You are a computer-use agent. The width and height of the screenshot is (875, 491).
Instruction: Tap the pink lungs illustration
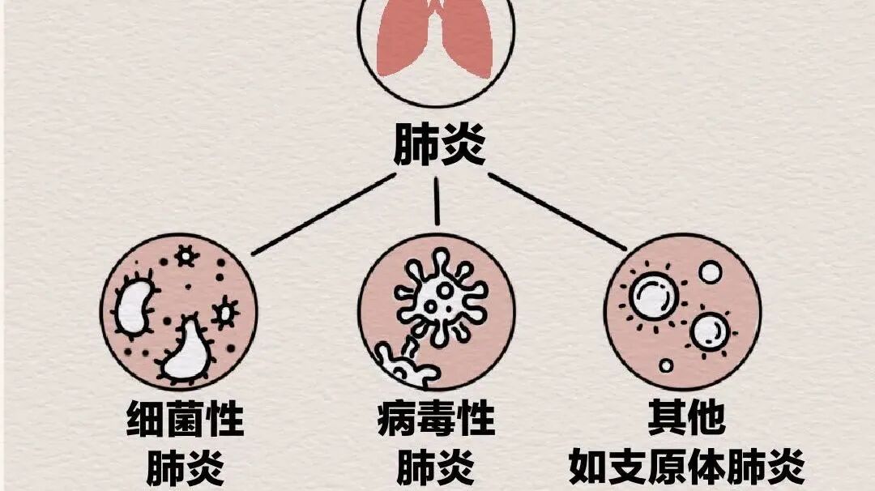click(x=437, y=41)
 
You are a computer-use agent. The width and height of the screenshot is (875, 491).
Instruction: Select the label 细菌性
click(x=185, y=421)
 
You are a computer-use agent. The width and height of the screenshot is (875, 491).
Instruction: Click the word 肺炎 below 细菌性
click(x=185, y=468)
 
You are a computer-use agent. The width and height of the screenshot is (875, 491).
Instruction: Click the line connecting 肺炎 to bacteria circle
click(x=324, y=212)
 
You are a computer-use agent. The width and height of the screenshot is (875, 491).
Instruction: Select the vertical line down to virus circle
click(x=437, y=200)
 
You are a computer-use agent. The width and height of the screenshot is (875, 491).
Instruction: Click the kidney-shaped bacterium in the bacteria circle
click(x=134, y=307)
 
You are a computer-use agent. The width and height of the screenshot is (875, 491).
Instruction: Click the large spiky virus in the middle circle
click(x=442, y=296)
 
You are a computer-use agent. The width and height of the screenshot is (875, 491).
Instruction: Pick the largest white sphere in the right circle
click(x=654, y=297)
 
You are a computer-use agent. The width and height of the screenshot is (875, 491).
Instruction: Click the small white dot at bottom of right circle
click(x=666, y=365)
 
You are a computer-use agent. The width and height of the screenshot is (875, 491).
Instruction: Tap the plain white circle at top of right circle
click(x=711, y=272)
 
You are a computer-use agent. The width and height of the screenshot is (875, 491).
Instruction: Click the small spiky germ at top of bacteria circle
click(x=187, y=257)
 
